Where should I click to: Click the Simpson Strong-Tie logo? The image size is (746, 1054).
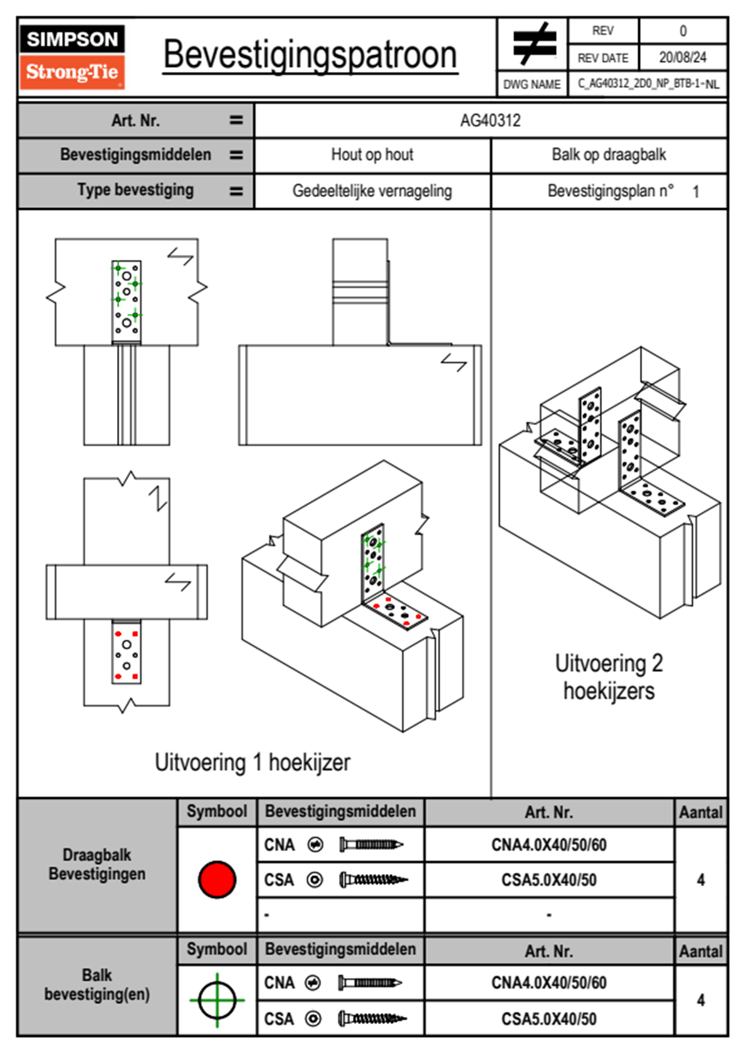(72, 56)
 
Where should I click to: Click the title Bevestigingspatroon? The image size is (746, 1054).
(310, 55)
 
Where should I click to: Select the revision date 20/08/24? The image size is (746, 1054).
(682, 58)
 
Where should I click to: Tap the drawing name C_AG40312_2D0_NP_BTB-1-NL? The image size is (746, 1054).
(648, 84)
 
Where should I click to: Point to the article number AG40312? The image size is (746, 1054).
(490, 120)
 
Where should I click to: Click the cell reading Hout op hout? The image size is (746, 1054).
(372, 155)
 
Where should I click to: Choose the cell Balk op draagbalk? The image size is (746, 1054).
(609, 155)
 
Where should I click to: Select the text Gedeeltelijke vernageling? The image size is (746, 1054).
(372, 191)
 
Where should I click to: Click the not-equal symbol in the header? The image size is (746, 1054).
(533, 44)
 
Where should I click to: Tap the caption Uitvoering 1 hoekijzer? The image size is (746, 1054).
(252, 763)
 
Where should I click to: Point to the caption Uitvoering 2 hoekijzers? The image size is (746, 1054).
(609, 677)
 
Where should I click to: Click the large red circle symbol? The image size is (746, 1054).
(217, 879)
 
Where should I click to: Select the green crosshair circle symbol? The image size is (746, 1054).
(217, 1000)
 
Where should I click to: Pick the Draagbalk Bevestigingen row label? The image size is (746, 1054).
(97, 864)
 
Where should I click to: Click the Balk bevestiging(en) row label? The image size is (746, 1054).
(97, 984)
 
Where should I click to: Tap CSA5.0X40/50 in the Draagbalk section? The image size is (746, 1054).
(549, 880)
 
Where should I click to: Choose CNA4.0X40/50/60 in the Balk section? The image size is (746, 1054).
(549, 983)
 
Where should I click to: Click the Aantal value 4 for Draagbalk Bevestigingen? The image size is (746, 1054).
(701, 880)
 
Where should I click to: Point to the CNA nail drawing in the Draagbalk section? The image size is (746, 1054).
(370, 845)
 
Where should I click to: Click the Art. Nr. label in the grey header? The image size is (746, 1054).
(135, 120)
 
